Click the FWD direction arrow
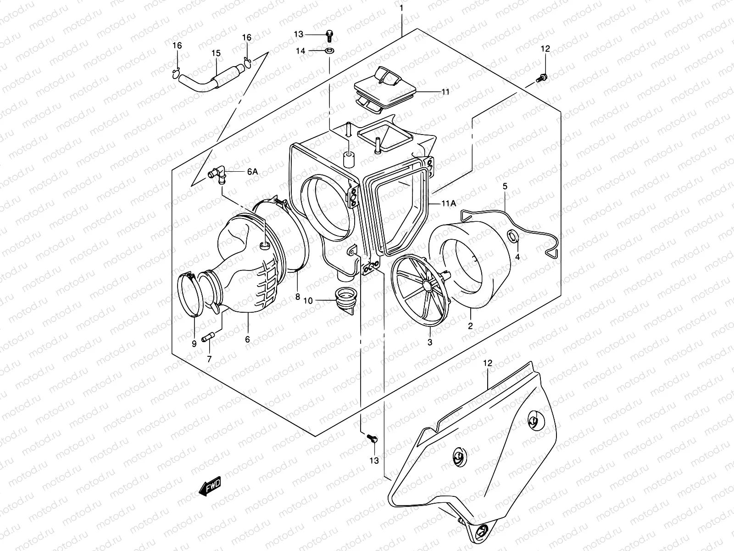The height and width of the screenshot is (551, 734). point(210,486)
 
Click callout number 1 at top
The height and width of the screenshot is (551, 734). point(401,8)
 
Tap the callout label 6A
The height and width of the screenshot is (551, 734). point(252,171)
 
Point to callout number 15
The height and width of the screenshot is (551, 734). point(216,53)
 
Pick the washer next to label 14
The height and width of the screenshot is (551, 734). point(329,50)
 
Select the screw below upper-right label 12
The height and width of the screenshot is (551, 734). point(542,79)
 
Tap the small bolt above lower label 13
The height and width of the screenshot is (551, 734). point(372,439)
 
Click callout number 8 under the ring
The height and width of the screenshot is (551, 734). point(297,297)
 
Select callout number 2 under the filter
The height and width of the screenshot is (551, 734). point(470,326)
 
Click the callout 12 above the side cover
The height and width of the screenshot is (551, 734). point(487,363)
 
